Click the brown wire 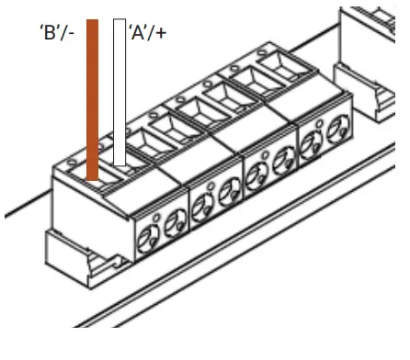point(92,100)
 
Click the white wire point(120,92)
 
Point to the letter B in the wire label point(50,32)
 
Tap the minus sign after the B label point(71,33)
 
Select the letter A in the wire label point(138,32)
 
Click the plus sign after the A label point(159,33)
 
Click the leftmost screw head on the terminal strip point(148,239)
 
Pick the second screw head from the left point(176,224)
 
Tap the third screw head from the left point(202,208)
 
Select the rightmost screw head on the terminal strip point(338,129)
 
